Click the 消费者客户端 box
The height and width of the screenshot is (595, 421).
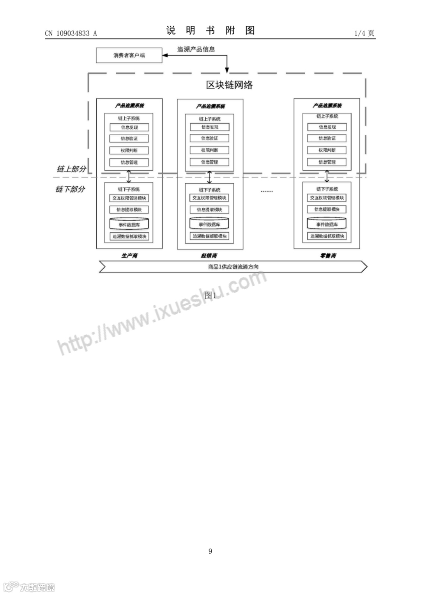point(129,55)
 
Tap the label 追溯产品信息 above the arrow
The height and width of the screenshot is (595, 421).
point(196,49)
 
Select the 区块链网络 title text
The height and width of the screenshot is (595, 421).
point(229,85)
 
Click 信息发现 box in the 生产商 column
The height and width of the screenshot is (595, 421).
point(129,127)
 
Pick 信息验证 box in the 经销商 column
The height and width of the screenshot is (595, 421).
point(210,138)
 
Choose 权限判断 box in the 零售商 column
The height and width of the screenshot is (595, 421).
point(327,150)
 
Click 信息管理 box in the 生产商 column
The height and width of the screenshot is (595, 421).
point(129,162)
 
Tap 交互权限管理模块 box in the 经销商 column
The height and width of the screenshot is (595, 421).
point(209,198)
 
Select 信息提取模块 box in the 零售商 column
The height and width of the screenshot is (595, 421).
point(327,209)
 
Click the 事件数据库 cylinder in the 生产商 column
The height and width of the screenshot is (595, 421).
point(129,224)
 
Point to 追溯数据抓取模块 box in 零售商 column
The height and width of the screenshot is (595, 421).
point(327,236)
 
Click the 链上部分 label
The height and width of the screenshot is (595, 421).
point(71,169)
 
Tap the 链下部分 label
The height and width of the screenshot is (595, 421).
point(70,189)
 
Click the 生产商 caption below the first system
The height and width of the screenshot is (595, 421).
point(129,256)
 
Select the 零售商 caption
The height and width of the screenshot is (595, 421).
point(328,256)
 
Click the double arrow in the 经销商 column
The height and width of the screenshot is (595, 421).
point(210,177)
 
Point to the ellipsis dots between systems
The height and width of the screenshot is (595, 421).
point(267,191)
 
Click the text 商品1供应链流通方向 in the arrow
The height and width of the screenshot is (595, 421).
point(233,267)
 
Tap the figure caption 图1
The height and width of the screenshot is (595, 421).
point(210,295)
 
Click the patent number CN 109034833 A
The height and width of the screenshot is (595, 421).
point(71,34)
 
